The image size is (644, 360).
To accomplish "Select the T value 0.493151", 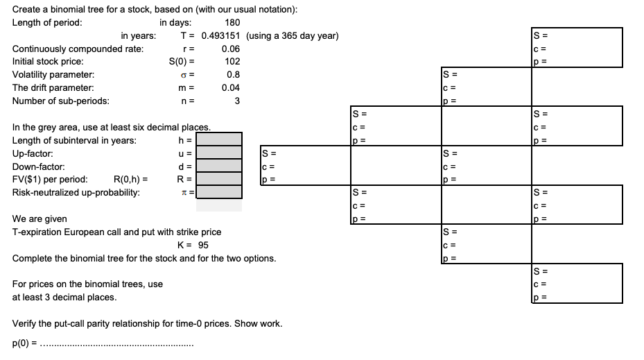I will (221, 35).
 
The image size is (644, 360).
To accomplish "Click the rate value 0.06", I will (231, 49).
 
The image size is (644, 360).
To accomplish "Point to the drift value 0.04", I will (231, 88).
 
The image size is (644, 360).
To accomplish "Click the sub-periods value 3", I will (236, 101).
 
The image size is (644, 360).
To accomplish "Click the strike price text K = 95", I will (193, 245).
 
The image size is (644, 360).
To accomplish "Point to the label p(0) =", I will (25, 343).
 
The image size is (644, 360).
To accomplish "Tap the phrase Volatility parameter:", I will (53, 75).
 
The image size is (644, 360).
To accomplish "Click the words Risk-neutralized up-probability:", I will (76, 192).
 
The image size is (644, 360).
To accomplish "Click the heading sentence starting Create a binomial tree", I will (155, 9).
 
